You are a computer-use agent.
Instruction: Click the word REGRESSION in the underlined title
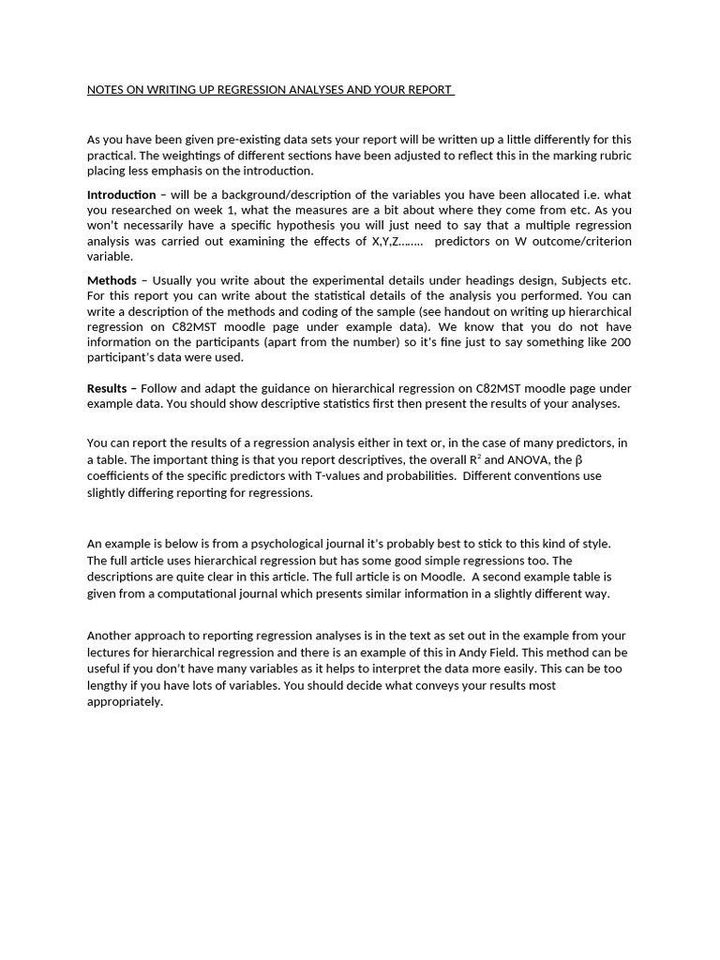[x=238, y=90]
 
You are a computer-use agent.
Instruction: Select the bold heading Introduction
[x=121, y=195]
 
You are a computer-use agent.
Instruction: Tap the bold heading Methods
[x=111, y=280]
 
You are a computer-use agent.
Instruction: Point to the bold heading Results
[x=106, y=388]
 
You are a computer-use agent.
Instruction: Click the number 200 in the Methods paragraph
[x=620, y=342]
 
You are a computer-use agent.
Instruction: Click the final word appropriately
[x=125, y=701]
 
